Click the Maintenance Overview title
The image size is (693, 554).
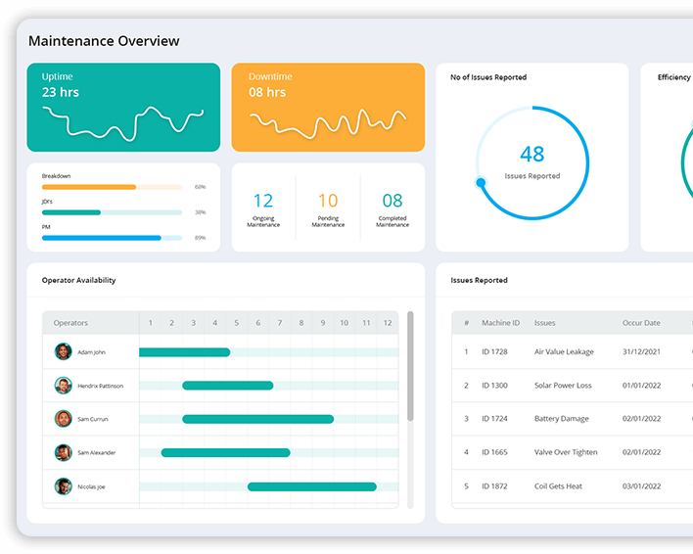tap(104, 41)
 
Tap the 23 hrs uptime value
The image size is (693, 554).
tap(61, 93)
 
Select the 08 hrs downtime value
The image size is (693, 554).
tap(267, 93)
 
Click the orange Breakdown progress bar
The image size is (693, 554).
tap(89, 186)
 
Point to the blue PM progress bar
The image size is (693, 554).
tap(102, 237)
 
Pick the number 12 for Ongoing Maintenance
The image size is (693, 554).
tap(263, 202)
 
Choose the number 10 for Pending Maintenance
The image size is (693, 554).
tap(328, 202)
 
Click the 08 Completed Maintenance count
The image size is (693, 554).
tap(393, 202)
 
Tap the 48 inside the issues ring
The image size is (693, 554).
tap(532, 154)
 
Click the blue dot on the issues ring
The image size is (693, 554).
tap(481, 182)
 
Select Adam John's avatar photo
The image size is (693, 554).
tap(64, 352)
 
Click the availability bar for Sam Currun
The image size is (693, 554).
tap(257, 419)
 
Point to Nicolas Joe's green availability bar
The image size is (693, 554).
tap(311, 486)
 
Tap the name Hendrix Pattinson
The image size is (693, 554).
tap(101, 386)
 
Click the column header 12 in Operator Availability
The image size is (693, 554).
tap(388, 323)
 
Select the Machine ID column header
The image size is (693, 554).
tap(501, 323)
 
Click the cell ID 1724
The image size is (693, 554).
tap(495, 419)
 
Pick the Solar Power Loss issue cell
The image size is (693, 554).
tap(563, 386)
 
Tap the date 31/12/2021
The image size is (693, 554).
tap(641, 352)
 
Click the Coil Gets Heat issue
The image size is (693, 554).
tap(558, 486)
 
